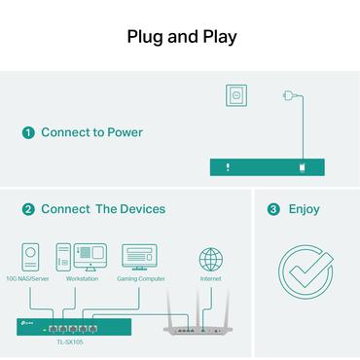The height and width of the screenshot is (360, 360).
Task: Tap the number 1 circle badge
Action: click(29, 132)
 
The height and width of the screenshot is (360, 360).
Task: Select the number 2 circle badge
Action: click(29, 209)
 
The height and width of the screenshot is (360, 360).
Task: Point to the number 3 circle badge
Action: click(273, 209)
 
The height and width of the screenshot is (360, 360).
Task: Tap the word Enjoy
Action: click(304, 209)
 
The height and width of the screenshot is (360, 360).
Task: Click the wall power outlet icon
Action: click(234, 95)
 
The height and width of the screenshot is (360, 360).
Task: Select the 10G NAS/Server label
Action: click(29, 279)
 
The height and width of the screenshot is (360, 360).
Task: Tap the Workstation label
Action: click(82, 279)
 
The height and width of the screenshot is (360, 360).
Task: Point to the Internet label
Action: click(210, 279)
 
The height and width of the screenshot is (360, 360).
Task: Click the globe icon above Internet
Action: click(210, 259)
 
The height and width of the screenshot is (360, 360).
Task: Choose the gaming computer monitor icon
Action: click(139, 257)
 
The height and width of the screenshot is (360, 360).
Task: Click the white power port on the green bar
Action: click(304, 167)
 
